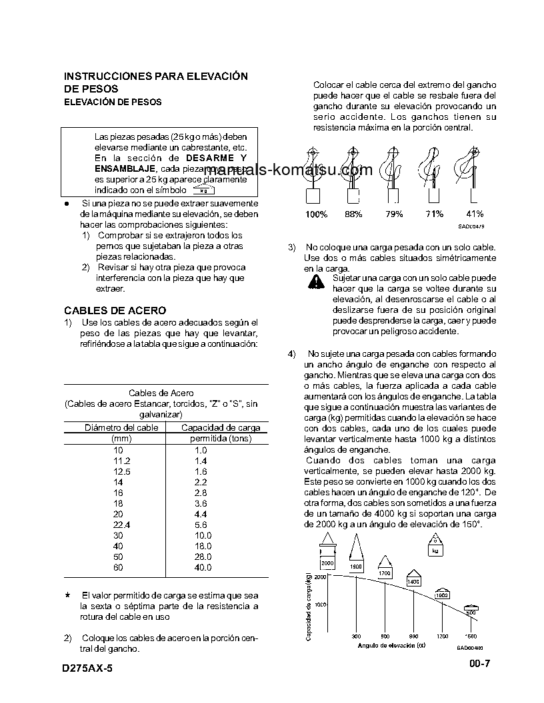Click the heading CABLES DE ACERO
115,310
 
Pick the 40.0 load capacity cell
202,567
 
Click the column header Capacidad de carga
221,427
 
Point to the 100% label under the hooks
316,214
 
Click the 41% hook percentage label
474,214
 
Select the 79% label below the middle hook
394,214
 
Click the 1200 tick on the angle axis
443,636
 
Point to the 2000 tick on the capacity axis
319,578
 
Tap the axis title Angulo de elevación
391,645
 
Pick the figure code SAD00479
471,226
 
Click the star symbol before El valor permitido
67,594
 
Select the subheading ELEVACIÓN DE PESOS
112,102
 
